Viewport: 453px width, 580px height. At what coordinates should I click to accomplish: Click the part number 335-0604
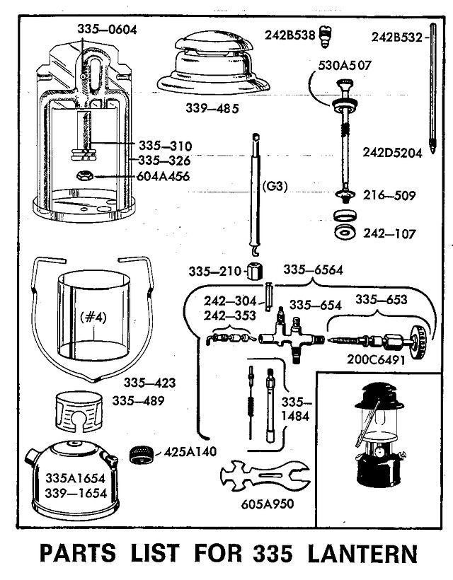(106, 29)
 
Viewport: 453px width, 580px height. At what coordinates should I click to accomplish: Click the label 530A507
(345, 66)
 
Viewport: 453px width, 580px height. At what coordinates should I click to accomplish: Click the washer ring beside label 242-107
(345, 233)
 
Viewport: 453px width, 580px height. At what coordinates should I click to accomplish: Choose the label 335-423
(149, 383)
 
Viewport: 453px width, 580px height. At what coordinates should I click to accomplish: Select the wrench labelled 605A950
(265, 477)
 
